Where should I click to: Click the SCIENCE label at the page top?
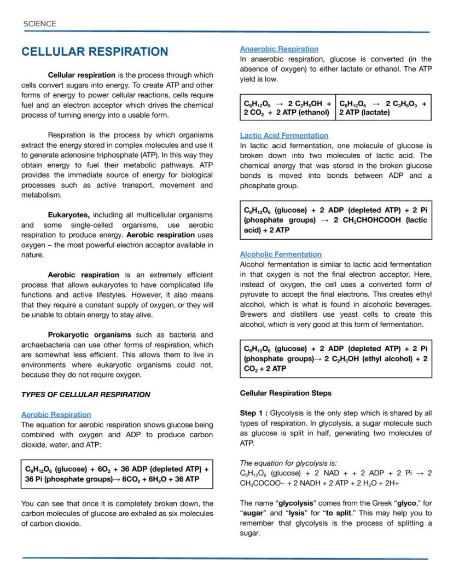point(39,24)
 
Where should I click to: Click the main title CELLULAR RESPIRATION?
point(95,52)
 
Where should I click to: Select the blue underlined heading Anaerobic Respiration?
point(279,49)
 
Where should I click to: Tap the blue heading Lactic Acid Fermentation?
point(284,135)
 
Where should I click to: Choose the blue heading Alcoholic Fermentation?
point(281,254)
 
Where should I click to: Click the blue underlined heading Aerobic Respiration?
point(56,414)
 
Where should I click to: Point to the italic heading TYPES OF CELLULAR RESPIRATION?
point(85,394)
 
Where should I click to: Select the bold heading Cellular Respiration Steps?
point(286,393)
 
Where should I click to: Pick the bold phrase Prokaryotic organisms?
point(90,334)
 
